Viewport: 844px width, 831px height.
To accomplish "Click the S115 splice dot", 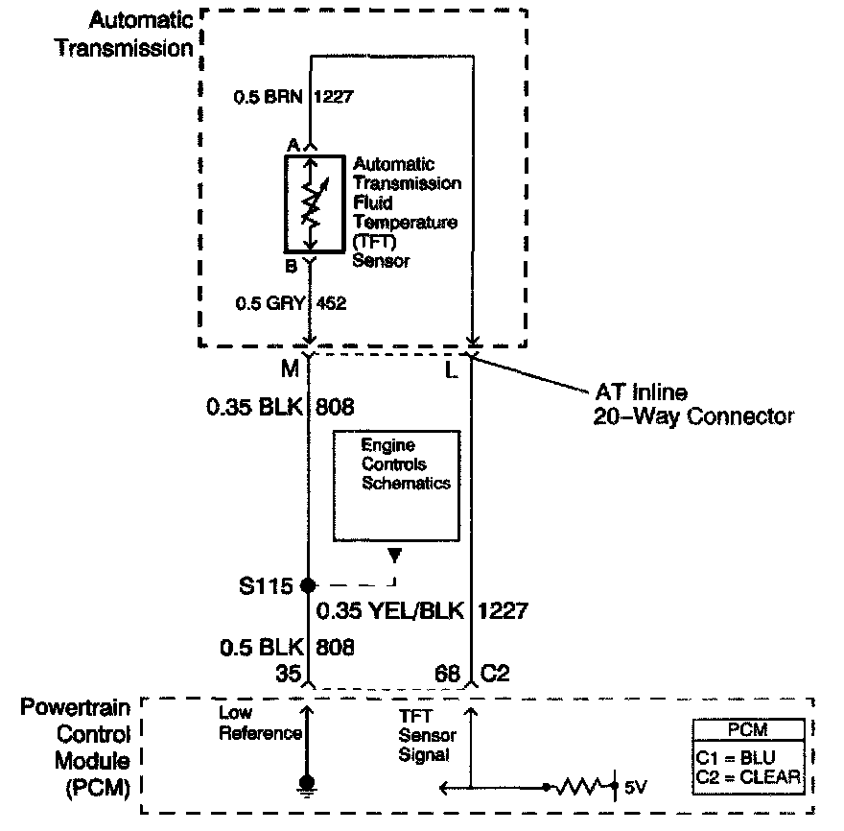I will [308, 584].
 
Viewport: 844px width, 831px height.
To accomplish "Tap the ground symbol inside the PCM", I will [308, 785].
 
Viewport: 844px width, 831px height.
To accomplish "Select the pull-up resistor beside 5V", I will [580, 787].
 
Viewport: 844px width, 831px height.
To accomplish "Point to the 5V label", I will [636, 787].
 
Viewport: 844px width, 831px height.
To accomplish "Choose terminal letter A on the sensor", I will [293, 143].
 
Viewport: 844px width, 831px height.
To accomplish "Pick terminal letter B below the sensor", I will [292, 266].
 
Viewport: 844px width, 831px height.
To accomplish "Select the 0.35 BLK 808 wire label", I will [279, 408].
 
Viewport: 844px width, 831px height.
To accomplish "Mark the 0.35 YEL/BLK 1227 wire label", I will [422, 610].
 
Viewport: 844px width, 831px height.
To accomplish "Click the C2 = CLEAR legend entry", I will [749, 776].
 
